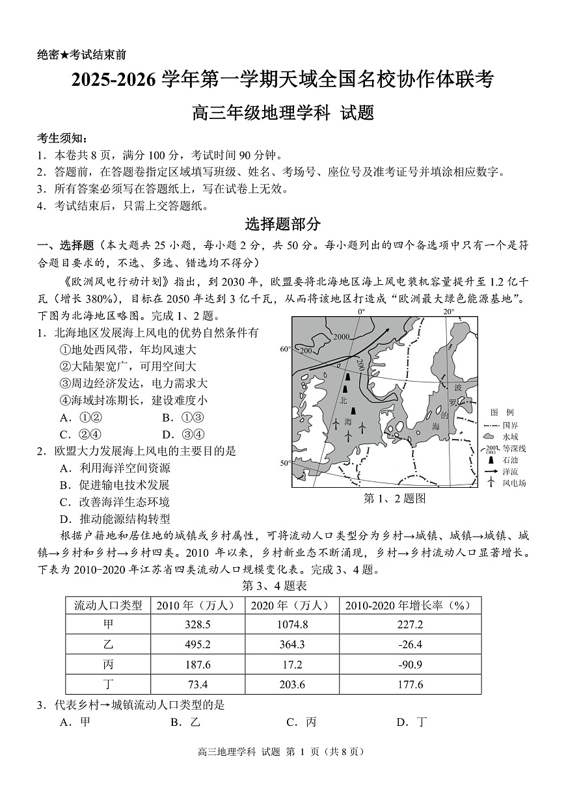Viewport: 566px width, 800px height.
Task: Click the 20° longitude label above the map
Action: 448,312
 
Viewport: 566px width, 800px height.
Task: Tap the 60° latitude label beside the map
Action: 285,349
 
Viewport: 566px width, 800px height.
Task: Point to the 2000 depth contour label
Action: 341,336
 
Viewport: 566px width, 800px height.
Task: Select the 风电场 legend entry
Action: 514,483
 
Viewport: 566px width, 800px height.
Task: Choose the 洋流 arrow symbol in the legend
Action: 489,471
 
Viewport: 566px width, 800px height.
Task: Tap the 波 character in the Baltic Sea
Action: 458,387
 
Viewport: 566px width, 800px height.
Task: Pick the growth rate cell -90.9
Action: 410,664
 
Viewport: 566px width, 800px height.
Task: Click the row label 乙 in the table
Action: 108,645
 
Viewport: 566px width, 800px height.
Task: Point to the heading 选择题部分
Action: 282,224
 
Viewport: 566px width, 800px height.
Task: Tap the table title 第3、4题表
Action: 274,585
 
